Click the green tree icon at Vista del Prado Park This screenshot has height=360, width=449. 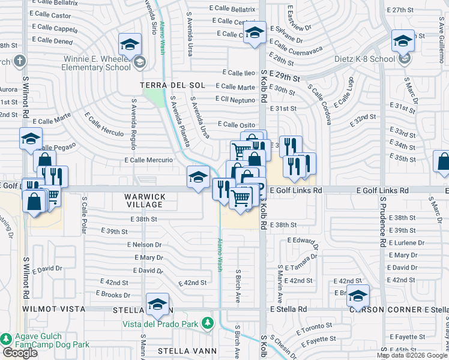[208, 323]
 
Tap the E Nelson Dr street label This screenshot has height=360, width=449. [144, 245]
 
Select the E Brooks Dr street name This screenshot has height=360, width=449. [113, 295]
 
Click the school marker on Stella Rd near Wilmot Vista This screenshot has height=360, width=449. [157, 304]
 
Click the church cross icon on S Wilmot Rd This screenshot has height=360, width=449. [20, 61]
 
